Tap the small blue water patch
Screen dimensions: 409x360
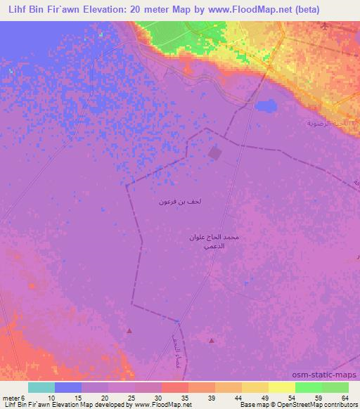pos(266,106)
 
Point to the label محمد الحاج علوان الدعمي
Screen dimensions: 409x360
pos(214,242)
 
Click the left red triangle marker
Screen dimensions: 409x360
pos(129,330)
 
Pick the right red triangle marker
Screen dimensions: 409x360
pos(212,340)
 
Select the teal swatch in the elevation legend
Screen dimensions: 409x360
pos(41,387)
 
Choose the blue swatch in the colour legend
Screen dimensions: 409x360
pos(68,387)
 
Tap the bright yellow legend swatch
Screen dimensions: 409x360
pos(281,387)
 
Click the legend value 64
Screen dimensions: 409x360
pos(345,398)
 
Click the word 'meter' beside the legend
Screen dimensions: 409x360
pos(11,398)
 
